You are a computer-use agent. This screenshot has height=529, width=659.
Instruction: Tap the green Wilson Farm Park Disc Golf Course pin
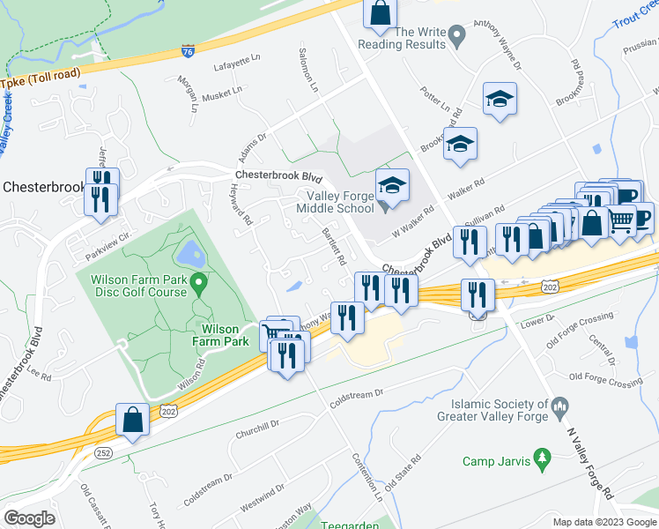coord(200,284)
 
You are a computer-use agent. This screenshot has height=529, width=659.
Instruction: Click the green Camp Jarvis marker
coord(544,457)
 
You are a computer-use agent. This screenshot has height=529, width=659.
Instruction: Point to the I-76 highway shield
coord(188,52)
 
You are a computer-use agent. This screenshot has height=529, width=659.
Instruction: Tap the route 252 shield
coord(104,452)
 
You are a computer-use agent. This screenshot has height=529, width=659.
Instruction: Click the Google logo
coord(29,518)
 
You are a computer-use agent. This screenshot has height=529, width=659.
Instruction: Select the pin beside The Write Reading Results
coord(456,36)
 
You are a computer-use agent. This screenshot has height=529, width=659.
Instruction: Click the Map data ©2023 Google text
coord(603,521)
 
